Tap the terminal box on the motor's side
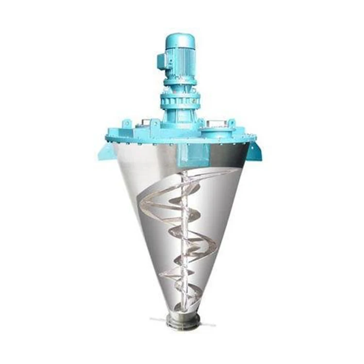pos(161,61)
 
